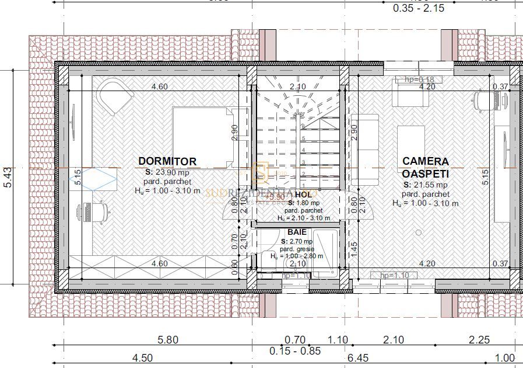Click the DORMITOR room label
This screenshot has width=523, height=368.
point(167,161)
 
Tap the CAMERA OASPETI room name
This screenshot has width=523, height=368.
point(425,167)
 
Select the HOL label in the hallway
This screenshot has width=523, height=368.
point(303,195)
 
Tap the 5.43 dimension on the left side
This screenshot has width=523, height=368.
point(8,176)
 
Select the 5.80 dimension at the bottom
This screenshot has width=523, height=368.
point(168,340)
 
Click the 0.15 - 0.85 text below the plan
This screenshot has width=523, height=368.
point(295,351)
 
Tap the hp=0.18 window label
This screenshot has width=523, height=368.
point(419,79)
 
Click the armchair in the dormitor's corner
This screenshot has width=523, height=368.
point(115,97)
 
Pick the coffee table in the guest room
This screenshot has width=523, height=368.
point(411,148)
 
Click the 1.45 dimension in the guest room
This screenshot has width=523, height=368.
point(353,249)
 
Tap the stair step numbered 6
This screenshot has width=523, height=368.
point(303,126)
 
